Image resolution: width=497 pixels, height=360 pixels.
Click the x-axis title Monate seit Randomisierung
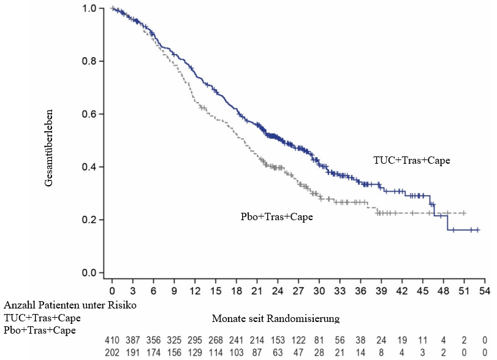[275, 319]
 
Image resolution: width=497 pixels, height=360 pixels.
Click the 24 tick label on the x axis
[278, 289]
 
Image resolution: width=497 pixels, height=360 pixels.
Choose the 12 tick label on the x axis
[195, 289]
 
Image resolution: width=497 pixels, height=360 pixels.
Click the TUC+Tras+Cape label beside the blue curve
[412, 160]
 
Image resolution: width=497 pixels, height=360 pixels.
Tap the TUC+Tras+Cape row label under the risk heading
[42, 318]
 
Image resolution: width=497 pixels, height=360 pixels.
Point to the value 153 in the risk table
[278, 340]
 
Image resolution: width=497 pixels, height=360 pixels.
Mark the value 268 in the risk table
[216, 340]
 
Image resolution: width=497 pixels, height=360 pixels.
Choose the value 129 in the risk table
[195, 351]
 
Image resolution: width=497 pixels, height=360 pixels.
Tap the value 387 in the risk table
[133, 340]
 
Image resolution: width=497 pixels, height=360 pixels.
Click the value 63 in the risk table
[278, 351]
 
